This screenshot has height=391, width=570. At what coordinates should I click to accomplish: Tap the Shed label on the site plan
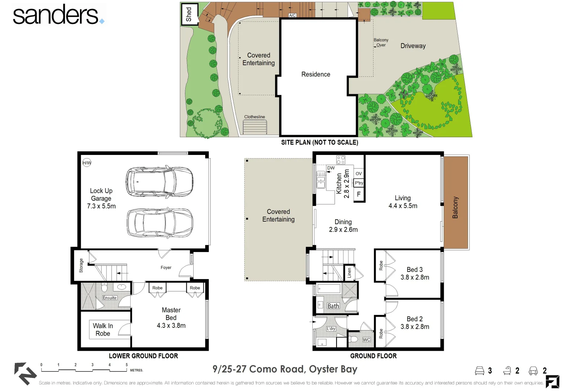tap(189, 14)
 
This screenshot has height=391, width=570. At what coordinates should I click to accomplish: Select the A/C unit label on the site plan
tap(292, 15)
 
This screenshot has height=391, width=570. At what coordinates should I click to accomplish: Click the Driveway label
tap(413, 46)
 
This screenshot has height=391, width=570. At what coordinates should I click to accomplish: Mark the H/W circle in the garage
tap(87, 163)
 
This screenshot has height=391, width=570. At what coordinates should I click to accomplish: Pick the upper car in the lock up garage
tap(160, 181)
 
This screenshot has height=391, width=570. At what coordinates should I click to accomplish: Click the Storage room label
tap(81, 265)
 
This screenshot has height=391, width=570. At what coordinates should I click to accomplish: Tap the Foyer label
tap(166, 268)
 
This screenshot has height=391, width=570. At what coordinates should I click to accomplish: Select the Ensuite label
tap(110, 298)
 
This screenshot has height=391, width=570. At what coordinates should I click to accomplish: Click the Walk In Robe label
tap(103, 329)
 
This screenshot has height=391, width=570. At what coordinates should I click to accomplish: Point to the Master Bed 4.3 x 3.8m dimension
tap(171, 325)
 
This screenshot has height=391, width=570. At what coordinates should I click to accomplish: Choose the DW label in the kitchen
tap(331, 168)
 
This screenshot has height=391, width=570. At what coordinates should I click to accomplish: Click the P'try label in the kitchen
tap(359, 183)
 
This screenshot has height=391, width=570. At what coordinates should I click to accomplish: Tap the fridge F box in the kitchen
tap(359, 194)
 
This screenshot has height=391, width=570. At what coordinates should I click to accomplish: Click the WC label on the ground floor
tap(366, 340)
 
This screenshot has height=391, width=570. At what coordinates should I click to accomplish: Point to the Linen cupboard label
tap(349, 273)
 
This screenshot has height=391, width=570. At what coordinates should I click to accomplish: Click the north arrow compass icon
tap(25, 373)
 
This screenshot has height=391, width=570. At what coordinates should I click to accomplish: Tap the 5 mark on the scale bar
tap(126, 365)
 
